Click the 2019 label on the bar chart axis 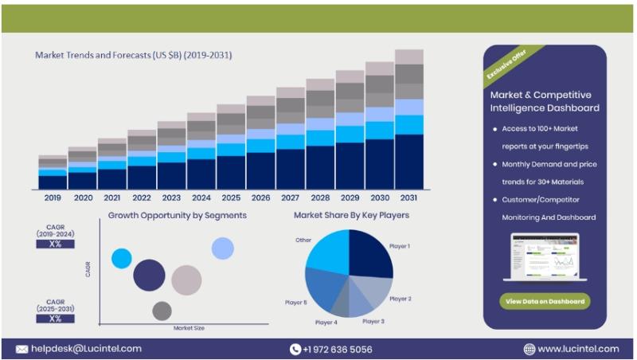[53, 198]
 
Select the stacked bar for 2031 [409, 119]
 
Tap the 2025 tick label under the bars [231, 198]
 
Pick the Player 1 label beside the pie [400, 246]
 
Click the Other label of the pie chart [303, 239]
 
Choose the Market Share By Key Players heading [351, 215]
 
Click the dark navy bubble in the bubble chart [149, 275]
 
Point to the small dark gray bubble [162, 311]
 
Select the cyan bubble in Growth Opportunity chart [121, 258]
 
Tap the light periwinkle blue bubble [223, 248]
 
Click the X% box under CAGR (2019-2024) [55, 244]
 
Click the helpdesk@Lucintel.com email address [87, 349]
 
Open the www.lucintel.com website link [578, 349]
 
